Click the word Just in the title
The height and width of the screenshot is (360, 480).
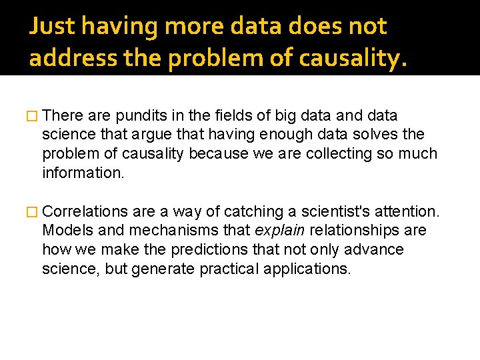52,27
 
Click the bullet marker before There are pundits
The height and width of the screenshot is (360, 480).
33,116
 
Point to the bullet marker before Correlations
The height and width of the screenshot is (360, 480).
33,212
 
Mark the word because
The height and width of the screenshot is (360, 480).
217,153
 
